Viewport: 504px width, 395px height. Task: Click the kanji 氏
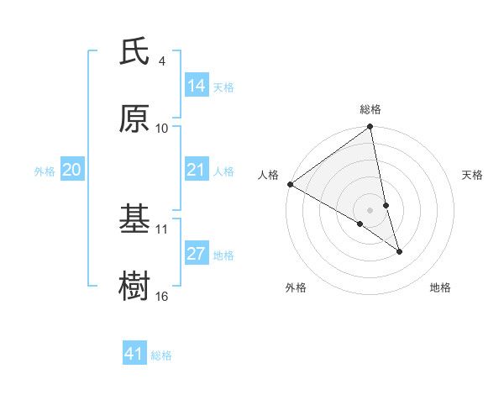[135, 52]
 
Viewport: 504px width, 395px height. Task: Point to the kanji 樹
[135, 285]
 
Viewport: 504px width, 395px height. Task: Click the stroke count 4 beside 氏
[162, 61]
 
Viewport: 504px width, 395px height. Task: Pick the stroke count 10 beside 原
[162, 128]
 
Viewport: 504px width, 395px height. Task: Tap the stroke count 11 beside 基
[162, 229]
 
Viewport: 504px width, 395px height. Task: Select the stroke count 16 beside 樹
[162, 295]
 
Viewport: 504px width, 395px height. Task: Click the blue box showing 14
[197, 86]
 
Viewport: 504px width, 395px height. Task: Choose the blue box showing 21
[197, 170]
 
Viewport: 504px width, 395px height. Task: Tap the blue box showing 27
[197, 254]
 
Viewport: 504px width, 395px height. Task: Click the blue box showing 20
[72, 170]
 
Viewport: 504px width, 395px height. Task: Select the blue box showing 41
[134, 354]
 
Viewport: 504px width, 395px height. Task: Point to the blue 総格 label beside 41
[161, 355]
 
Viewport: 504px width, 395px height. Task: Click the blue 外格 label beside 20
[45, 171]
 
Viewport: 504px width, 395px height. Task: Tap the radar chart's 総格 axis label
[370, 109]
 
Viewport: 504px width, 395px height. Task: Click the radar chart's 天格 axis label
[472, 175]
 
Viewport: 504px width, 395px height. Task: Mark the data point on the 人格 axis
[290, 184]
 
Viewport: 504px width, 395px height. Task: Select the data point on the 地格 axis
[399, 251]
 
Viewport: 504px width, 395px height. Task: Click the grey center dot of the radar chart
[370, 209]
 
